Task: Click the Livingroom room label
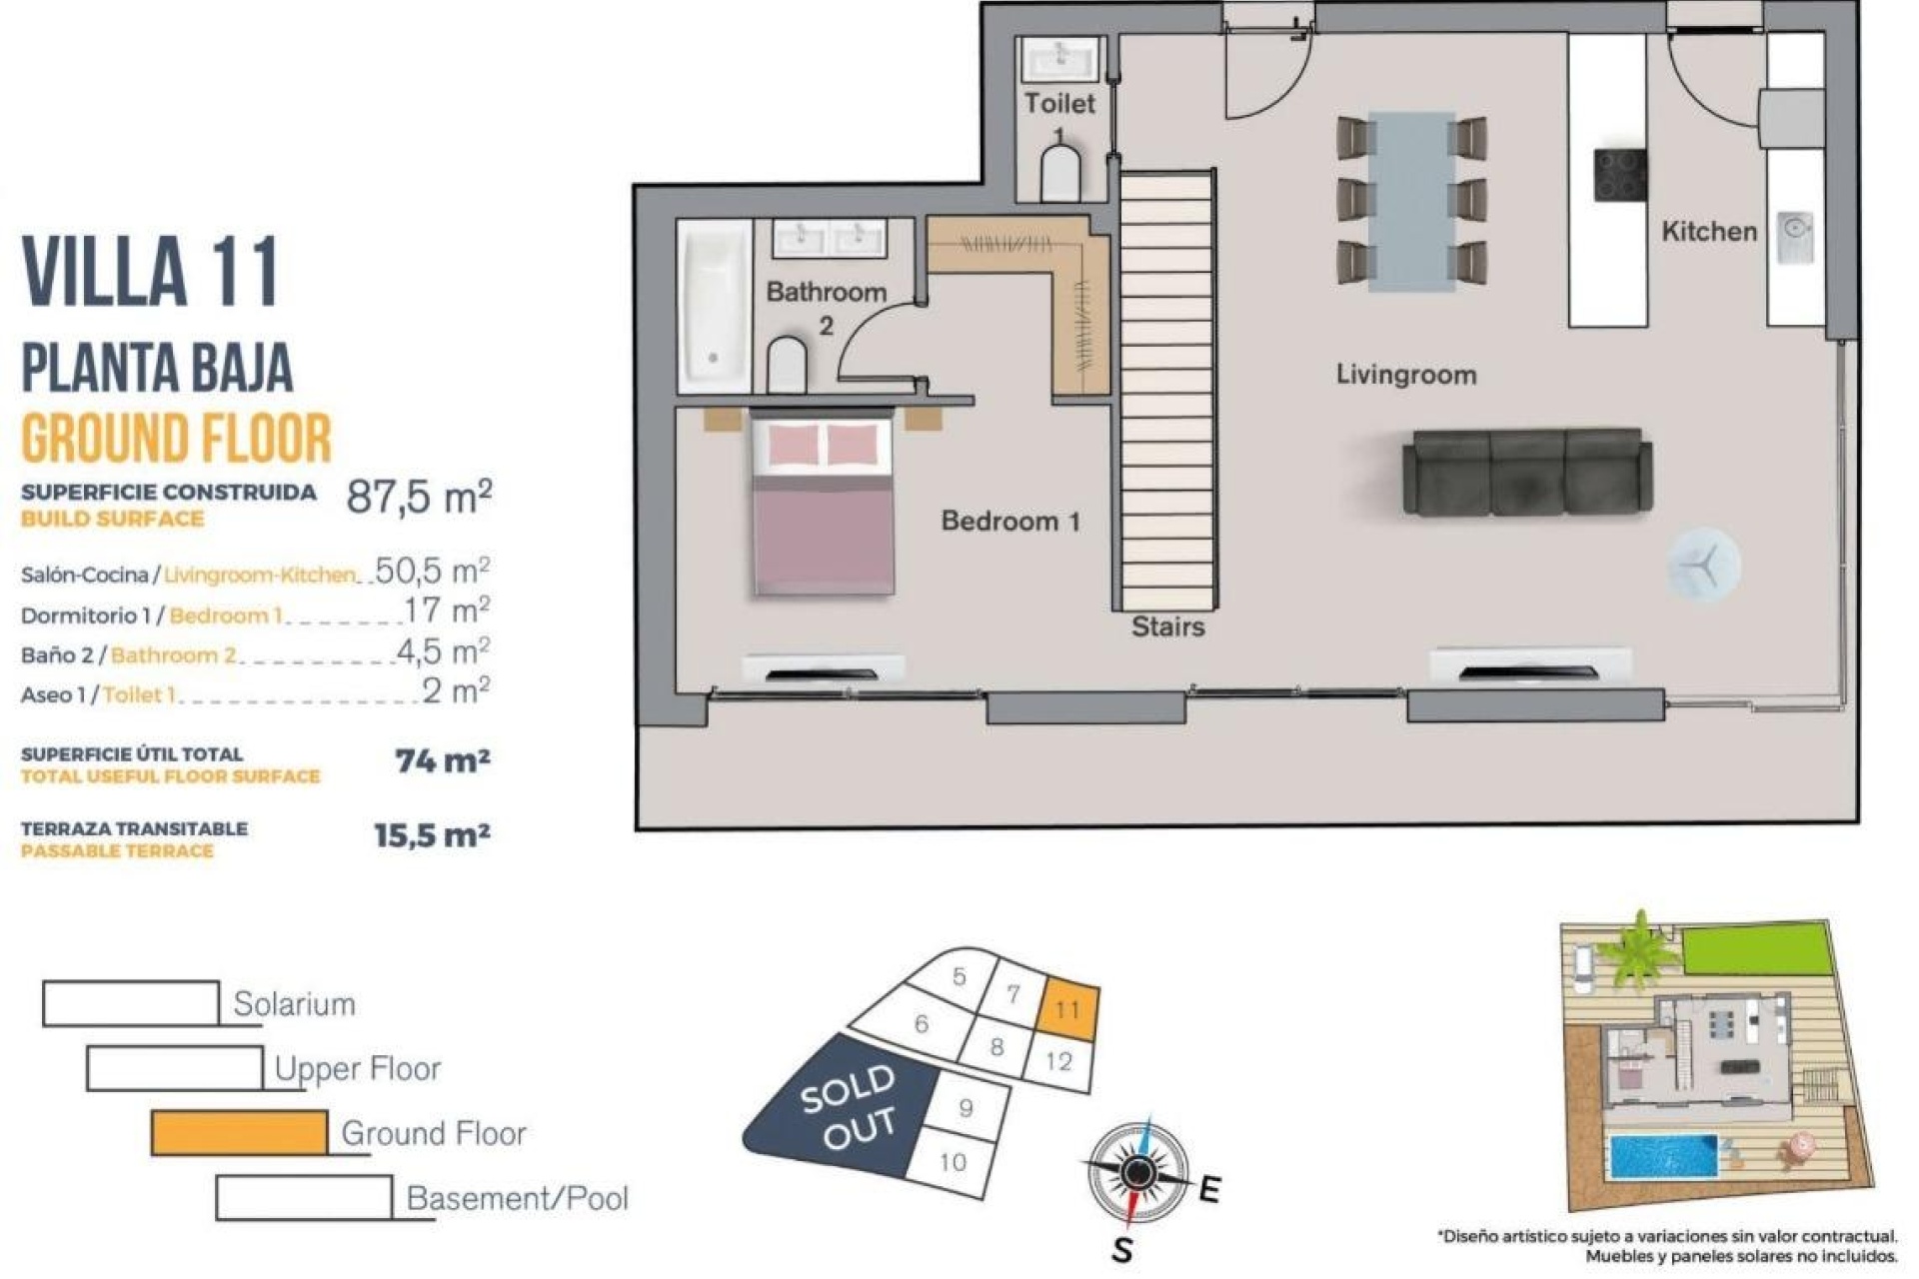(x=1405, y=375)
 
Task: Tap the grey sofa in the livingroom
(x=1526, y=473)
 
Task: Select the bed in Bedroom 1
(x=821, y=507)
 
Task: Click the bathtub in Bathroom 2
(x=714, y=306)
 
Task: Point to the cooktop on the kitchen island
(x=1619, y=176)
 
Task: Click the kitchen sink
(x=1795, y=237)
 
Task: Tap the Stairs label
(x=1167, y=627)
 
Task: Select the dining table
(x=1411, y=200)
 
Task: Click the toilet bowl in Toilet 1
(x=1059, y=175)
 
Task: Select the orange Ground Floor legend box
(x=240, y=1132)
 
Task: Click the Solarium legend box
(x=131, y=1003)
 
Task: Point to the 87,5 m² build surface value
(x=419, y=496)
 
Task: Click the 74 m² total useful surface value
(x=442, y=761)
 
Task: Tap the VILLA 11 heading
(x=150, y=272)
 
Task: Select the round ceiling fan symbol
(x=1703, y=566)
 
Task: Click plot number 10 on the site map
(x=953, y=1161)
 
